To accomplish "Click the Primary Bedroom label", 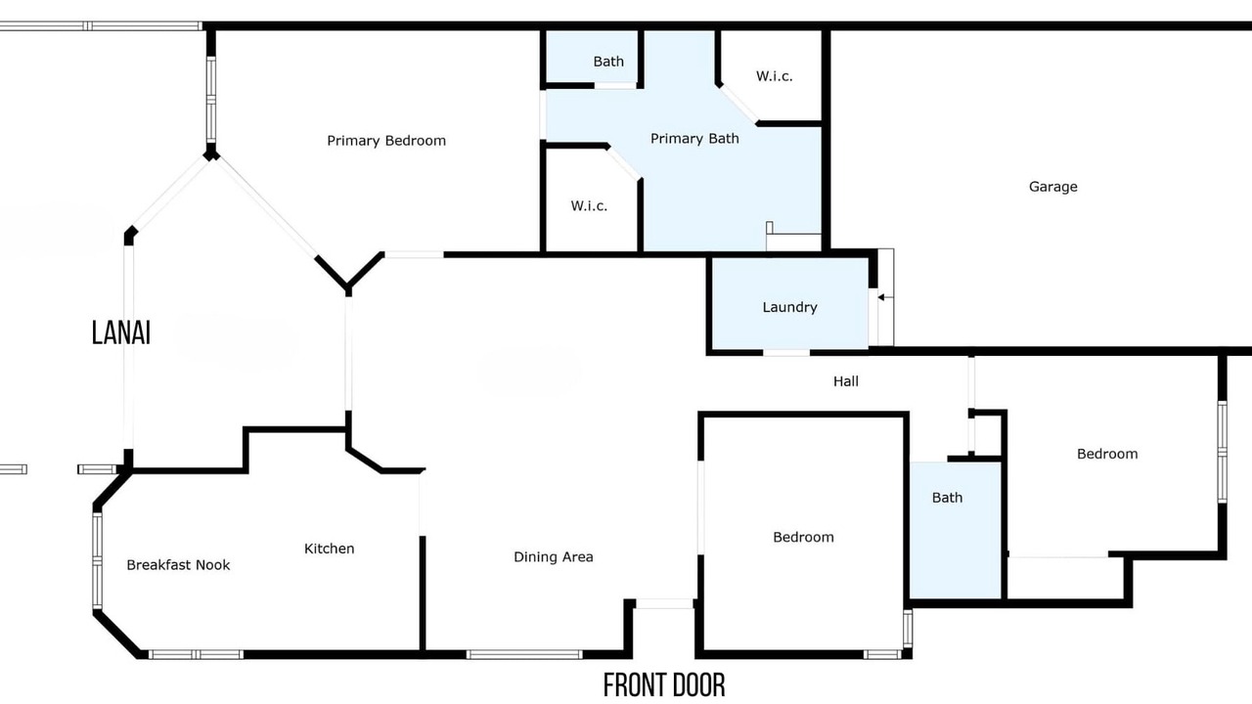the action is [386, 141].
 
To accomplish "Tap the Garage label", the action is [1053, 187].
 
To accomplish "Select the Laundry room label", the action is [789, 307].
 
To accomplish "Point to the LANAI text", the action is [120, 333].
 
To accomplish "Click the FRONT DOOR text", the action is [664, 685].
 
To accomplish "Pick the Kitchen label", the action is [330, 549].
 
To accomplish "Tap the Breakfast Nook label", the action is [178, 565].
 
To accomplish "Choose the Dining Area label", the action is [554, 557].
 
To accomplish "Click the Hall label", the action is [846, 381].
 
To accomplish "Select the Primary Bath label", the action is [694, 139].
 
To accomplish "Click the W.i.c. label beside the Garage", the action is [774, 76].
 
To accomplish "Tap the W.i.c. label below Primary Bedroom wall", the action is [589, 206].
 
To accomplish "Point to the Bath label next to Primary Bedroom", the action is [608, 62].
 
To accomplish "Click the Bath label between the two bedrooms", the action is [948, 498].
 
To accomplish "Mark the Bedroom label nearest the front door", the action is [803, 538].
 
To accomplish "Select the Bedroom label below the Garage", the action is [1107, 454].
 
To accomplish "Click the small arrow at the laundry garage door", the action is [885, 298].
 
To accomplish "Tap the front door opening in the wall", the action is [664, 604].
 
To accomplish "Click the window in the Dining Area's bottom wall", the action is [524, 654].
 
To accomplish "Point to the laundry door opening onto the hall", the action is [786, 353].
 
